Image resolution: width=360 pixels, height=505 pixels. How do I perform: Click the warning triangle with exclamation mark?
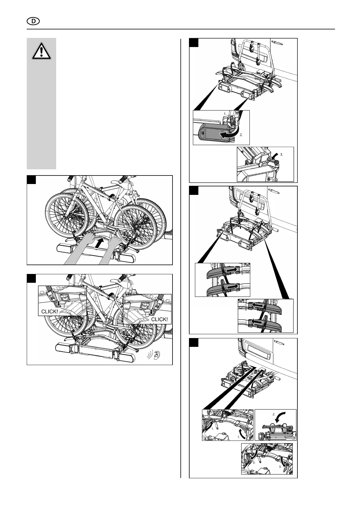pos(41,51)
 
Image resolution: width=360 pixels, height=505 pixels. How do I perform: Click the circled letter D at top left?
pos(33,22)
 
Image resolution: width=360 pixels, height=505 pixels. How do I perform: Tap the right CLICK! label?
pos(159,319)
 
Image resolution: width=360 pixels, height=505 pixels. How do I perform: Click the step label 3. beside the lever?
pos(282,154)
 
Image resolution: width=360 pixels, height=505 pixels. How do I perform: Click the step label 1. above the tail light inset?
pos(225,113)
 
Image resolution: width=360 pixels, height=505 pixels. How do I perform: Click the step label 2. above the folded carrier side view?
pos(274,414)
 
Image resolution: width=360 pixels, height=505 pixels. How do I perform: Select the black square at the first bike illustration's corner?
pos(31,180)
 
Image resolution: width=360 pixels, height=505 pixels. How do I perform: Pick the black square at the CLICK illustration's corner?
pos(31,278)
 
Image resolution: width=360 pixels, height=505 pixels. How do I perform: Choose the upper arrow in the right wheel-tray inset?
pos(254,306)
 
